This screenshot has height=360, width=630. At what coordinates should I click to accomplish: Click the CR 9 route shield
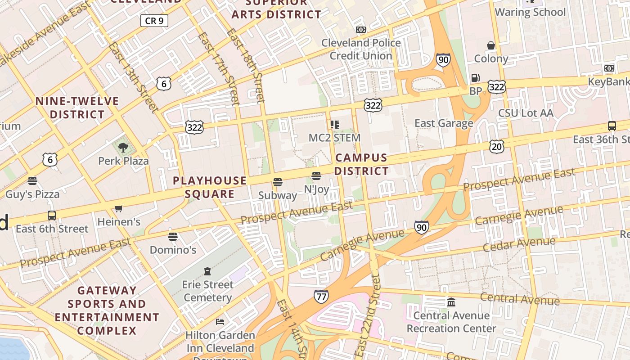tap(154, 20)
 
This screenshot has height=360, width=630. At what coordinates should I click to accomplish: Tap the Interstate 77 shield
tap(321, 297)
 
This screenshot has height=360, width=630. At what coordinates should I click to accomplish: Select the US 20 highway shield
tap(497, 146)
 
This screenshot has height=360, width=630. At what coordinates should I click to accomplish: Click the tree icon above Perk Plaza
tap(123, 147)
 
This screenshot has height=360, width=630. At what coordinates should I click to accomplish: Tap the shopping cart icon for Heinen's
tap(119, 208)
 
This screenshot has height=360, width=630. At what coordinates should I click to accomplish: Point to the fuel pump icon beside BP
tap(475, 78)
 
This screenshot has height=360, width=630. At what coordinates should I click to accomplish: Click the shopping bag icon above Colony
tap(491, 45)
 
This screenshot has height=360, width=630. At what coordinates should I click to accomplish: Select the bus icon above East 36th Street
tap(612, 126)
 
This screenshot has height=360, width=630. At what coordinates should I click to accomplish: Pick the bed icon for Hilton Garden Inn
tap(220, 321)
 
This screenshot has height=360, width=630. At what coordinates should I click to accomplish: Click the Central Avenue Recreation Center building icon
tap(451, 302)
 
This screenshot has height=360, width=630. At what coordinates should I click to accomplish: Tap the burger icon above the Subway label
tap(278, 182)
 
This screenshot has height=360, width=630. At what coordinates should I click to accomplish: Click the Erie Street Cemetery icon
tap(207, 271)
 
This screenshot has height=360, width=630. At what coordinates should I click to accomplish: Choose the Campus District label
tap(361, 164)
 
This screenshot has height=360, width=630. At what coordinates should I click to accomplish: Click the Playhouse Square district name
tap(210, 187)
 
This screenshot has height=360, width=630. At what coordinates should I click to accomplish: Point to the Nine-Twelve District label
tap(77, 108)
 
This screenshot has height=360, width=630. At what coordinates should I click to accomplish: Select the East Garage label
tap(444, 123)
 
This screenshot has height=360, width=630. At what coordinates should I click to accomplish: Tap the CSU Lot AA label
tap(526, 113)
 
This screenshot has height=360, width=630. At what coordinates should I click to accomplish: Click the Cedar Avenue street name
tap(519, 244)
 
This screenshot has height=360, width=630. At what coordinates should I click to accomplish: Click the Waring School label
tap(530, 12)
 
